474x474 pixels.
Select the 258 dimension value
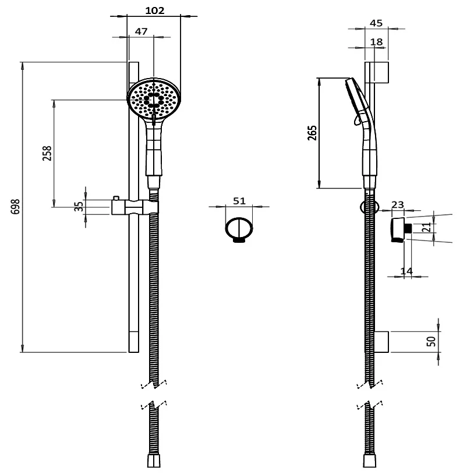pos(48,153)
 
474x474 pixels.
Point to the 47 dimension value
pos(141,32)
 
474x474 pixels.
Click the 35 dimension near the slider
pos(79,207)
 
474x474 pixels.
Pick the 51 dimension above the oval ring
pos(239,200)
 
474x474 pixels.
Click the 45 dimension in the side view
pos(376,23)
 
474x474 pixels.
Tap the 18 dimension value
pos(376,42)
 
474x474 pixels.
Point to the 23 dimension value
pos(398,204)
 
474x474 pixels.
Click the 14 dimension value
pos(407,271)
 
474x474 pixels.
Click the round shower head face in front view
pos(154,99)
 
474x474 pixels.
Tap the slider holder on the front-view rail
pos(135,207)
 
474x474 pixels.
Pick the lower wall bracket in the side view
pos(380,342)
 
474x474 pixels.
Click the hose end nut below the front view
pos(154,461)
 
